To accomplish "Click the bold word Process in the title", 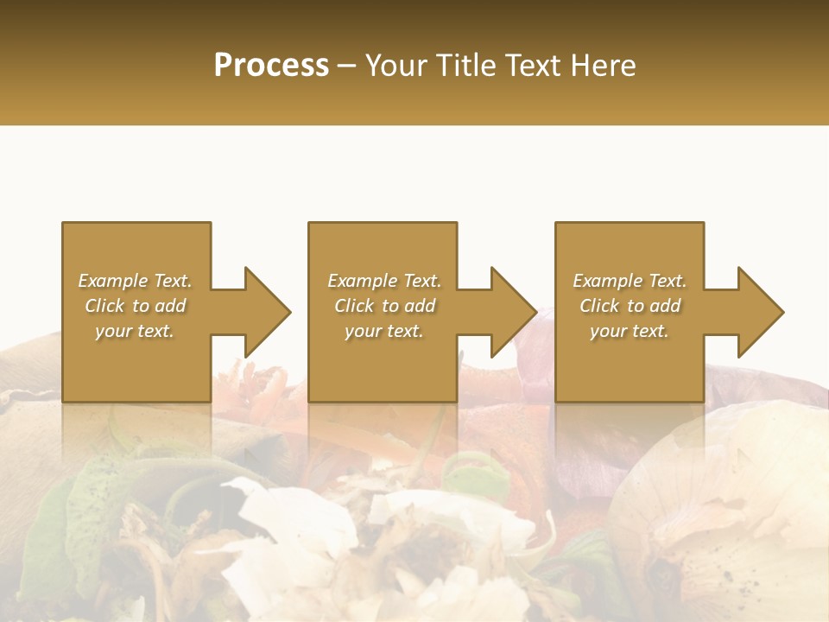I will (x=271, y=66).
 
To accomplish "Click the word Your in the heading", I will (x=396, y=66).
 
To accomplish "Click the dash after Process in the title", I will (x=347, y=67).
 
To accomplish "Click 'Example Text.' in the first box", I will (x=135, y=281).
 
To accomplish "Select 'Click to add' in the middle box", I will (x=384, y=306).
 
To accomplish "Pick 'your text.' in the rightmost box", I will (x=630, y=331).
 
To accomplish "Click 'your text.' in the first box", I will (x=135, y=331).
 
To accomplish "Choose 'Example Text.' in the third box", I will (x=630, y=281).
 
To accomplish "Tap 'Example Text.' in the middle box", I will (x=384, y=281).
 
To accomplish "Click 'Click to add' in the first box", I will (x=135, y=306).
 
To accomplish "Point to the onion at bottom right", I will (x=734, y=492).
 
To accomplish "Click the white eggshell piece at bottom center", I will (x=285, y=536).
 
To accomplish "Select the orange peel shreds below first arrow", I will (x=255, y=384).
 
